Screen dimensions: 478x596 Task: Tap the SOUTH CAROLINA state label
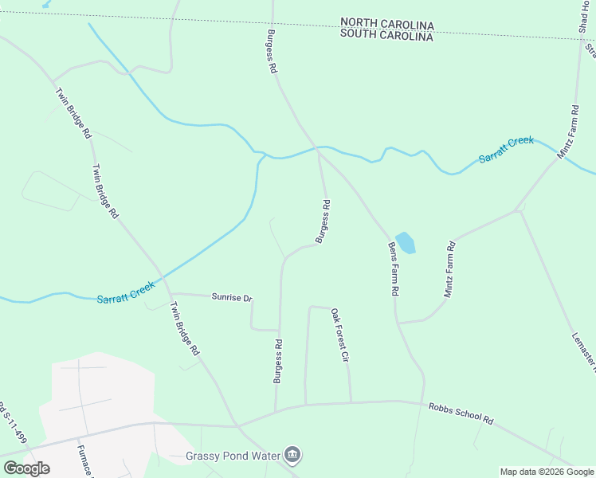pyautogui.click(x=386, y=36)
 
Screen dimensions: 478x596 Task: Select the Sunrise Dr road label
pyautogui.click(x=232, y=298)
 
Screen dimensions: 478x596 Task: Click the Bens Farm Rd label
pyautogui.click(x=393, y=269)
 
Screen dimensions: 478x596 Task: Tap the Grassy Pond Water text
pyautogui.click(x=233, y=456)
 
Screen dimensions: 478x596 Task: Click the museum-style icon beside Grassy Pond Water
pyautogui.click(x=293, y=455)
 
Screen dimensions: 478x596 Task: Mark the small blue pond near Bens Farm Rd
pyautogui.click(x=406, y=242)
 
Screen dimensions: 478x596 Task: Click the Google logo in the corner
pyautogui.click(x=26, y=468)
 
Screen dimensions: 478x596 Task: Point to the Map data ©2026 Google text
pyautogui.click(x=547, y=472)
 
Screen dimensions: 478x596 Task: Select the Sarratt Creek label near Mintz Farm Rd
pyautogui.click(x=506, y=149)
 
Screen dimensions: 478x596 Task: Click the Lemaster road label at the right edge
pyautogui.click(x=584, y=351)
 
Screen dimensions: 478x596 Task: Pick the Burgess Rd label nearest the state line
pyautogui.click(x=271, y=53)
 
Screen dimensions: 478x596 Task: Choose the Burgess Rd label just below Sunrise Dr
pyautogui.click(x=278, y=361)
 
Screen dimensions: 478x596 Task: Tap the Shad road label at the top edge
pyautogui.click(x=582, y=17)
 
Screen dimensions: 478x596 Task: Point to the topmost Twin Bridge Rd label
pyautogui.click(x=73, y=113)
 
